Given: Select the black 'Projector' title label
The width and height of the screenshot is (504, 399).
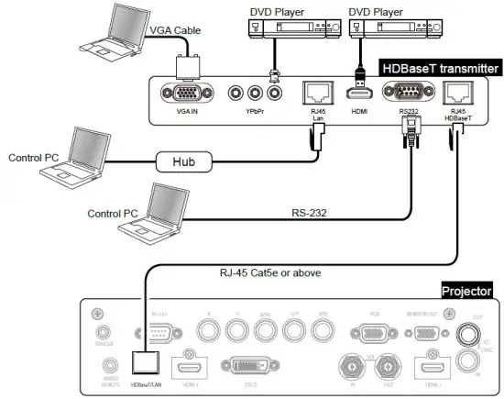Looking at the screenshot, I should pos(466,291).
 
